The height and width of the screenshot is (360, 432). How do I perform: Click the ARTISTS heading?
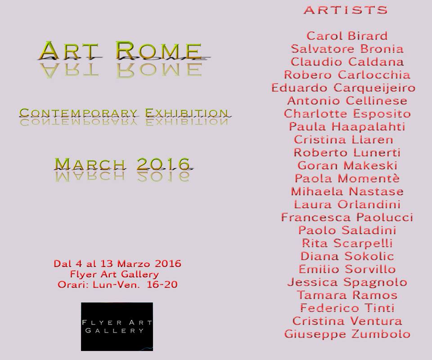pos(346,10)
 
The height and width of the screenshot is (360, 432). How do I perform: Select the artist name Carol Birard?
pos(347,36)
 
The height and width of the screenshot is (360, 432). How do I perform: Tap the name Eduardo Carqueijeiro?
pos(343,88)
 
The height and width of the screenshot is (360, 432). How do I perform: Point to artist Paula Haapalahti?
pos(347,127)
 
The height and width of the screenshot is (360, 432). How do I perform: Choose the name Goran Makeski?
pos(347,166)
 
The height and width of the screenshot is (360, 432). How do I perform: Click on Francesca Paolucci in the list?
pos(347,217)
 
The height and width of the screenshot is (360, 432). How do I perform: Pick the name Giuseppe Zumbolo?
pos(347,334)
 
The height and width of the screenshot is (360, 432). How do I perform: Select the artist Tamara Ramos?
pos(347,295)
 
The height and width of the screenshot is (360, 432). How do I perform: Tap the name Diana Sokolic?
pos(347,256)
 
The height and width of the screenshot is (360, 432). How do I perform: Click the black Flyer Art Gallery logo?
pos(117,327)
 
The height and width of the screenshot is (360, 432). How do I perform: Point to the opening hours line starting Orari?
pos(117,284)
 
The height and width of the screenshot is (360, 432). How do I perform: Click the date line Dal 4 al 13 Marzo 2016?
pos(117,264)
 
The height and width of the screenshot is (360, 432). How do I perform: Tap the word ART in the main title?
pos(69,50)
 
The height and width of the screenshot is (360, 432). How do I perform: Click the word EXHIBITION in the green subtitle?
pos(186,113)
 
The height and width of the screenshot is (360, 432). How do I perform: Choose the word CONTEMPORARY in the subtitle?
pos(78,113)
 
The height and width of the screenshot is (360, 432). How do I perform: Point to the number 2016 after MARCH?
pos(163,164)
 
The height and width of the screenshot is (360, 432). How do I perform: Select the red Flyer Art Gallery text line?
pos(114,274)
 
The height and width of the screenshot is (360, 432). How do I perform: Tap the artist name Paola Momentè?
pos(347,179)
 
